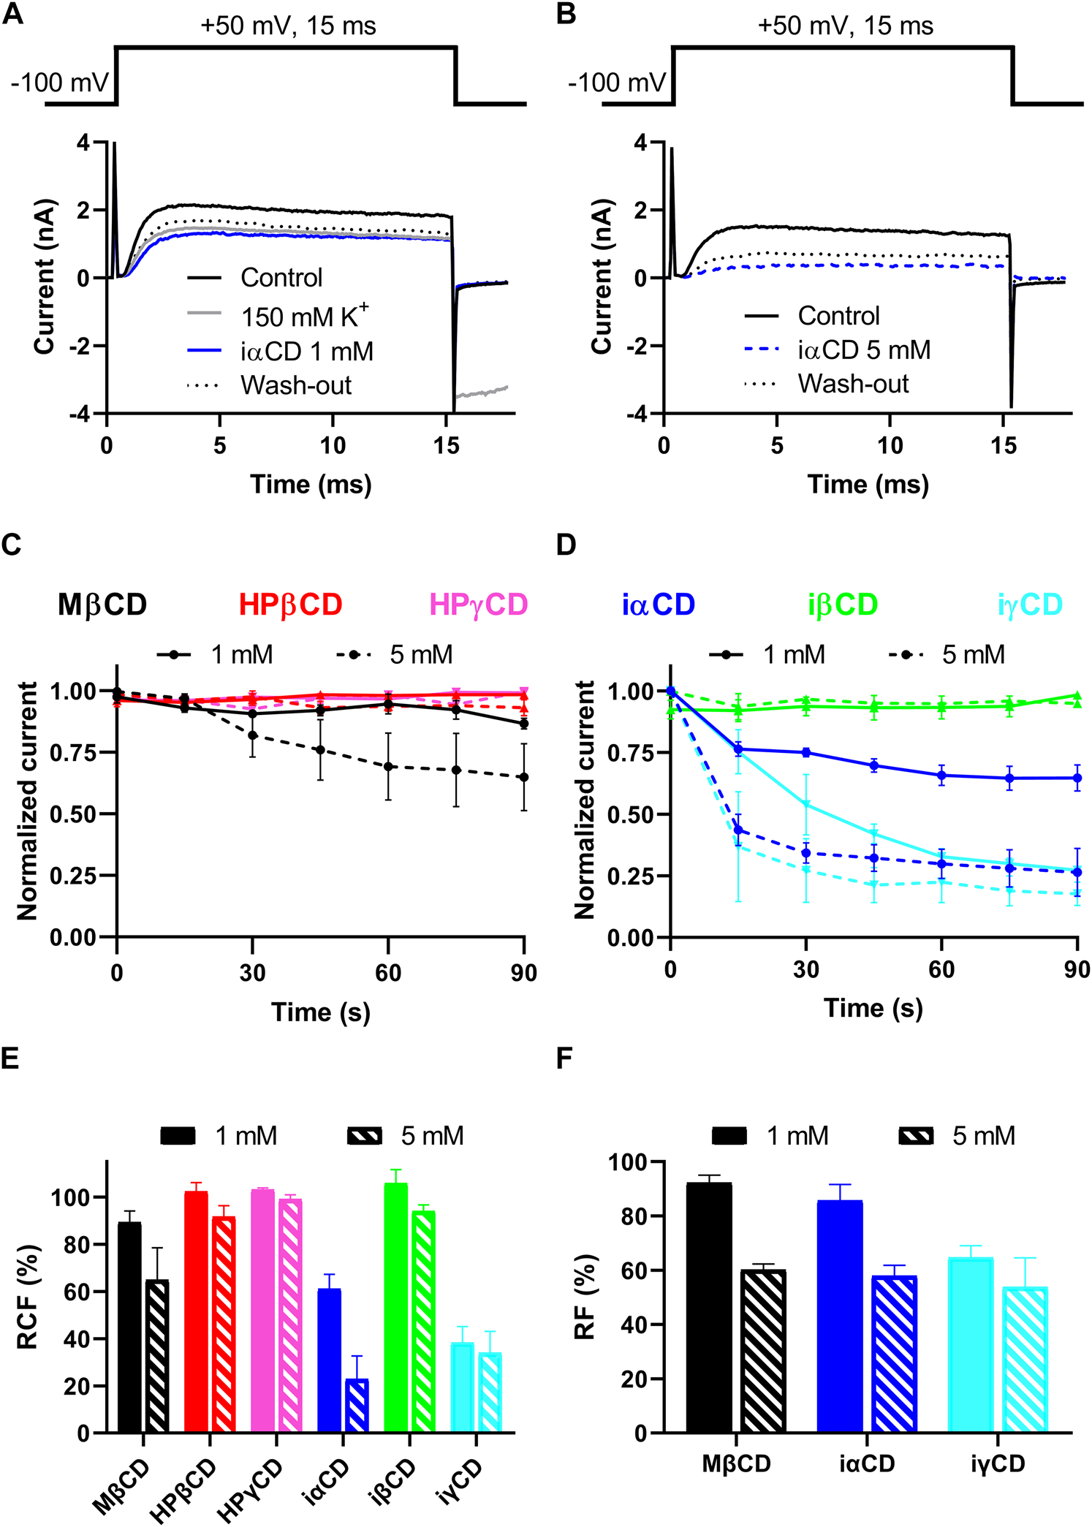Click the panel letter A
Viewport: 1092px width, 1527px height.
point(12,15)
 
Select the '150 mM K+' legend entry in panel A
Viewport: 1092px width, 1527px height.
point(305,316)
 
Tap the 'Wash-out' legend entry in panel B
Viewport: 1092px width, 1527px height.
point(853,384)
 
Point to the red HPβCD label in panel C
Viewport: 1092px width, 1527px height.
point(290,605)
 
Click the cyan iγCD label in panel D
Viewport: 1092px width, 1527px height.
point(1030,605)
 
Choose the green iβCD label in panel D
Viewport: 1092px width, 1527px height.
point(843,605)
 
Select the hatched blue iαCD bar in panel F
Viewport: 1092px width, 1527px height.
point(894,1354)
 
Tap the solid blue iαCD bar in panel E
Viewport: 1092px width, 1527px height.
point(330,1360)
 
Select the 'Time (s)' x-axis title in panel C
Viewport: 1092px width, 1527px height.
point(321,1012)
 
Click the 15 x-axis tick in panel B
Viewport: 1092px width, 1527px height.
point(1004,445)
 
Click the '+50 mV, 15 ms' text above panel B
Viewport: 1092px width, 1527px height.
point(845,26)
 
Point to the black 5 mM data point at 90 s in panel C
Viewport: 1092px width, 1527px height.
point(524,777)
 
